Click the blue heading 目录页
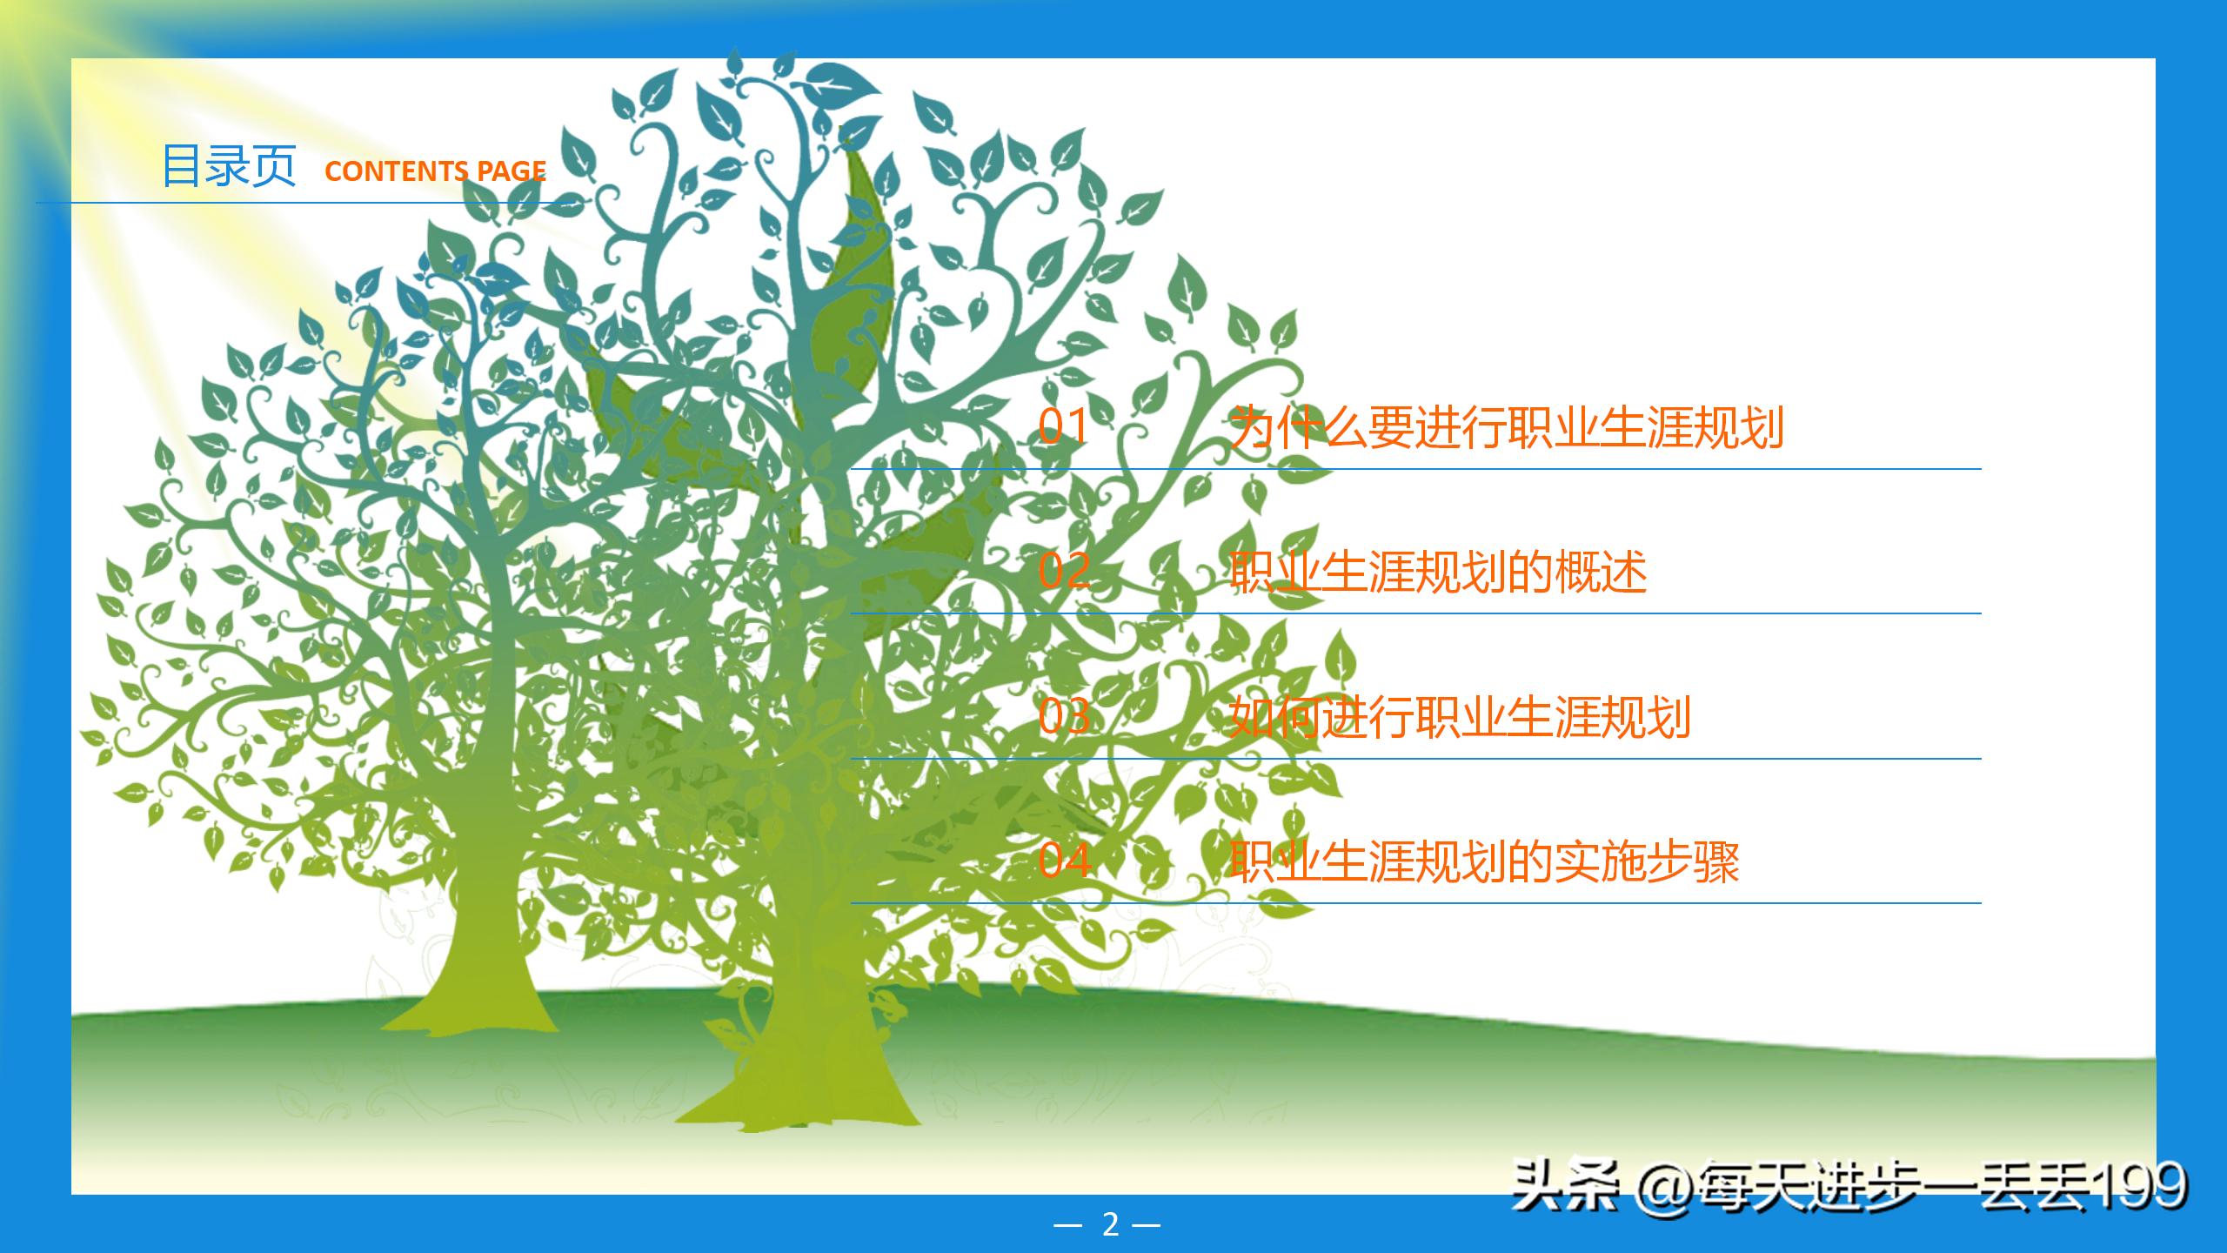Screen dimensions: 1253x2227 (x=229, y=167)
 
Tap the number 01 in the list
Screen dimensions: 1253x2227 (x=1063, y=427)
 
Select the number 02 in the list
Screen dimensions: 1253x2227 (x=1063, y=572)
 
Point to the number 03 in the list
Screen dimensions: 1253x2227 (x=1063, y=717)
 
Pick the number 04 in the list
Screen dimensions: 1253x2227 (x=1063, y=861)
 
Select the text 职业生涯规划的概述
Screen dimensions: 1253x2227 (x=1438, y=572)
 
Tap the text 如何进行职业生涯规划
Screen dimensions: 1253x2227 (x=1460, y=717)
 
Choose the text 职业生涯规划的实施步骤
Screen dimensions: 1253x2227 (x=1484, y=861)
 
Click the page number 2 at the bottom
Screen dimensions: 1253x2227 (x=1110, y=1224)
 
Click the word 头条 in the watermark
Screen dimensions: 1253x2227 (x=1564, y=1186)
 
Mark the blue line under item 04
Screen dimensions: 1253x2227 (x=1415, y=903)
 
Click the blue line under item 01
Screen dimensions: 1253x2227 (x=1415, y=469)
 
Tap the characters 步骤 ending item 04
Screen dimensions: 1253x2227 (x=1692, y=861)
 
